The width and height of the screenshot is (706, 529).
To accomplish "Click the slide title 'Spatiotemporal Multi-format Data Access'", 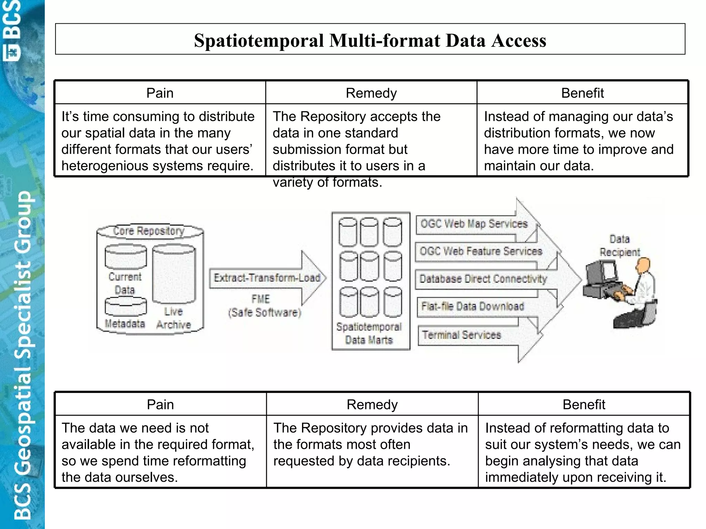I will [370, 40].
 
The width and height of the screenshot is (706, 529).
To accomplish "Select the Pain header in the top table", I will [160, 93].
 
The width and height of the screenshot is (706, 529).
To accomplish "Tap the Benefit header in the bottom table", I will [584, 404].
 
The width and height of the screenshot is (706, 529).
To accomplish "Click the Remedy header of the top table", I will [371, 93].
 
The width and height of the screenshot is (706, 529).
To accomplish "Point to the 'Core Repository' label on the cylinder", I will [149, 230].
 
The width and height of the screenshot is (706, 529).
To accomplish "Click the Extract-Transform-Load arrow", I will [267, 278].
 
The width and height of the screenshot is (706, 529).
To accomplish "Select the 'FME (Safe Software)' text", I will [264, 306].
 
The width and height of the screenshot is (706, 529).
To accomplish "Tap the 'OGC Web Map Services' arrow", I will [474, 224].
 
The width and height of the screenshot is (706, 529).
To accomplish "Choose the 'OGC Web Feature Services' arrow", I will [481, 251].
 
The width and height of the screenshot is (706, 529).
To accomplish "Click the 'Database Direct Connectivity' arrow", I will [483, 279].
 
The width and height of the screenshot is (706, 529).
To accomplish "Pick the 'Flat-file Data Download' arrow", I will [473, 306].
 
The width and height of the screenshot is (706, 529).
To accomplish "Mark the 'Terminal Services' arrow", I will [462, 335].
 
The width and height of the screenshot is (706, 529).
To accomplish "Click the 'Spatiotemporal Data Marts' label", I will [369, 333].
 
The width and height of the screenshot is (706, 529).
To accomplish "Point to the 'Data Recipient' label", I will [619, 245].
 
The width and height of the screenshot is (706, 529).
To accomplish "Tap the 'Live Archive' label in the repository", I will [173, 318].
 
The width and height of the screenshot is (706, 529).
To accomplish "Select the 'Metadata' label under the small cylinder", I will [125, 323].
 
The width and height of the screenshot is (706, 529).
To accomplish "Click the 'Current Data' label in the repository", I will [125, 283].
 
